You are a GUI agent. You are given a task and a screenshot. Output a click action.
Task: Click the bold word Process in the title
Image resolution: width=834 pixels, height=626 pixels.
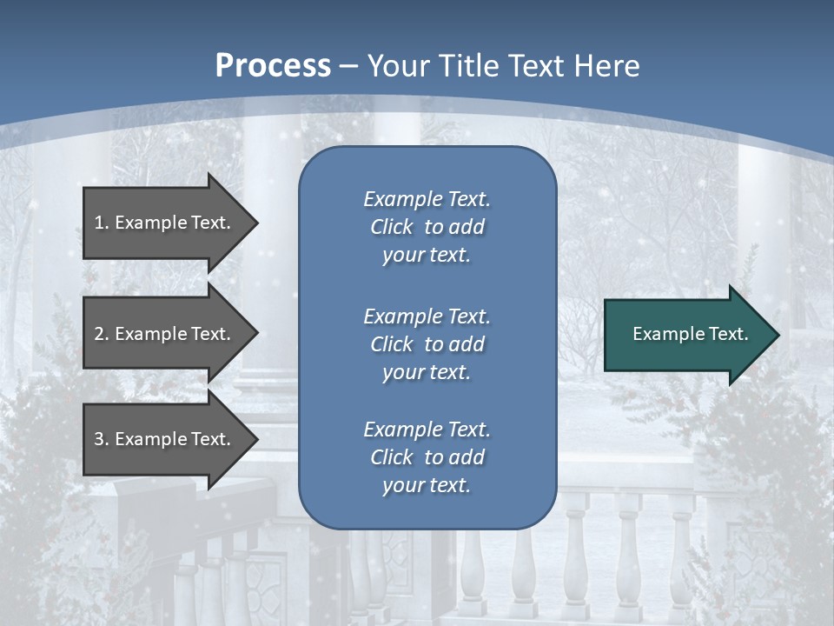[x=273, y=66]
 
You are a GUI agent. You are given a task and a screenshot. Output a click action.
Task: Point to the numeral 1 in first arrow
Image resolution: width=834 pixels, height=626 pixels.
[x=98, y=223]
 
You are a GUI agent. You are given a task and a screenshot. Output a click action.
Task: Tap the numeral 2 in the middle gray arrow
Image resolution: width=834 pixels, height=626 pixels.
[x=99, y=334]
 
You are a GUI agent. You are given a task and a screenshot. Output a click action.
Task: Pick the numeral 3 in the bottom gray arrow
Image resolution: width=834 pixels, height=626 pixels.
[x=99, y=439]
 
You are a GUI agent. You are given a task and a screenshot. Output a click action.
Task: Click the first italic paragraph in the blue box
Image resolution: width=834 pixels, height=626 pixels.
[x=427, y=227]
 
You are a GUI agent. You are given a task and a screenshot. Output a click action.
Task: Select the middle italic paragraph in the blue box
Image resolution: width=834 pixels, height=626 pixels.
[x=427, y=344]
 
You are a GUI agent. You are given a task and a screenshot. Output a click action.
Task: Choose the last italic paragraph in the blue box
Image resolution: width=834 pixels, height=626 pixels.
[x=427, y=457]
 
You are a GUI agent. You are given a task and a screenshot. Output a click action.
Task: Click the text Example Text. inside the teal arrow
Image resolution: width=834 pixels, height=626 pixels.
[x=691, y=334]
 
